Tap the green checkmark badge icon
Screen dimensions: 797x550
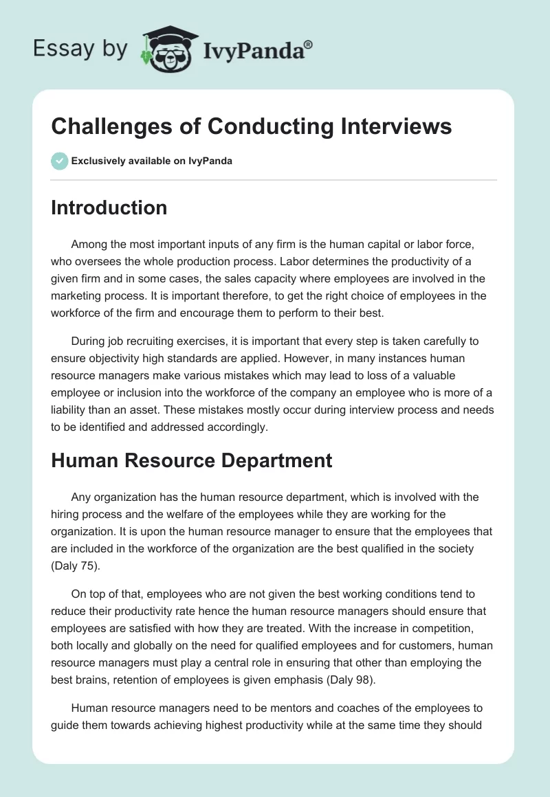coord(59,161)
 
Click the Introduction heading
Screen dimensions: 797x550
coord(109,207)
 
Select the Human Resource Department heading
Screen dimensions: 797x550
coord(191,460)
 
